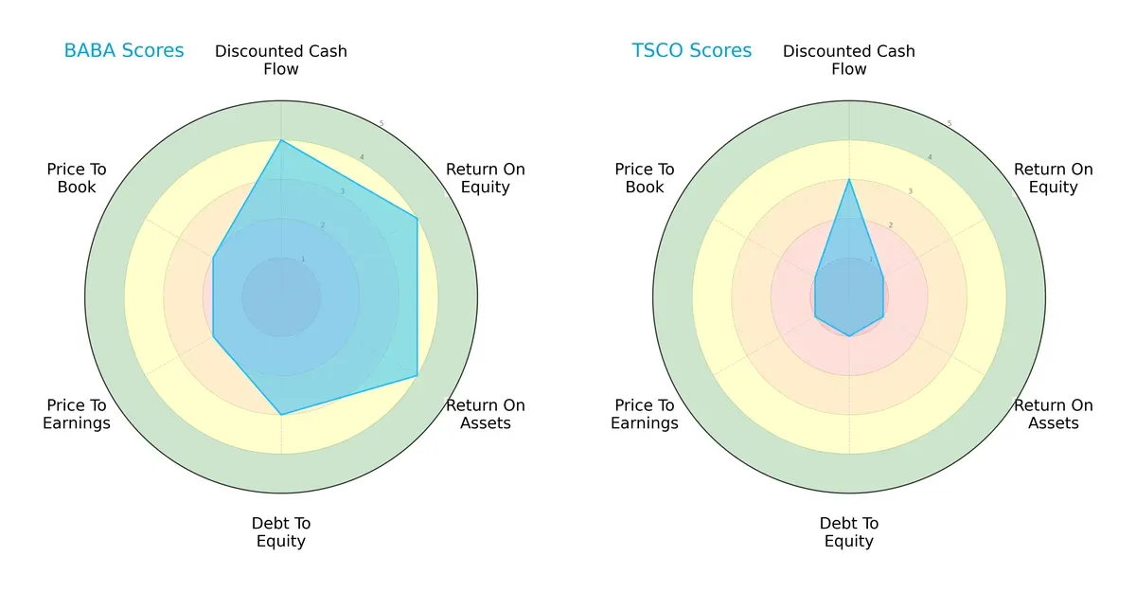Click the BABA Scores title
tap(124, 50)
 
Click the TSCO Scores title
tap(692, 50)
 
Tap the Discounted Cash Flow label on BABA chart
tap(281, 60)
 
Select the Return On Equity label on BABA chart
tap(486, 178)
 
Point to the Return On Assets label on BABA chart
tap(486, 414)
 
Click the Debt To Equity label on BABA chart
tap(281, 532)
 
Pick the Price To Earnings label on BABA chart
tap(77, 414)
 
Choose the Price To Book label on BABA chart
tap(77, 178)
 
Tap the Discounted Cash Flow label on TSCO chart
tap(849, 60)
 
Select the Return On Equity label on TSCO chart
tap(1054, 178)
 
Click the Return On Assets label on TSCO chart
tap(1054, 414)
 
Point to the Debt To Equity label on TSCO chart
tap(849, 532)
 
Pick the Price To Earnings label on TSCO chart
tap(645, 414)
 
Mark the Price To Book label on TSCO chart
tap(645, 178)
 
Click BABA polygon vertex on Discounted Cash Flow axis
tap(281, 140)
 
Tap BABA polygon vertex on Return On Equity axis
tap(417, 218)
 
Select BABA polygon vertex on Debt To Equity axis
tap(281, 415)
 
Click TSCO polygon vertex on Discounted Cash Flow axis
tap(849, 179)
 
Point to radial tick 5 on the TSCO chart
tap(949, 123)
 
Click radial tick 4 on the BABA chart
tap(361, 157)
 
